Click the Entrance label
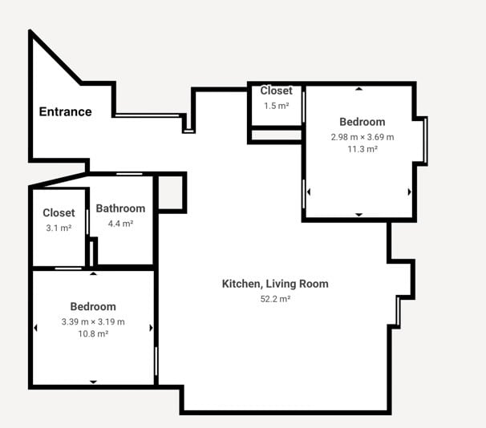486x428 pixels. pyautogui.click(x=66, y=111)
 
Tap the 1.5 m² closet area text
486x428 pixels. pyautogui.click(x=277, y=106)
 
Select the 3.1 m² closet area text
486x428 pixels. pyautogui.click(x=59, y=228)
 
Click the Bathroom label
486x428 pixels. pyautogui.click(x=120, y=208)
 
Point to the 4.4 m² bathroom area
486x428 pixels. pyautogui.click(x=120, y=224)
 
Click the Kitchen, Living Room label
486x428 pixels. pyautogui.click(x=275, y=284)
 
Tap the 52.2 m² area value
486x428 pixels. pyautogui.click(x=275, y=299)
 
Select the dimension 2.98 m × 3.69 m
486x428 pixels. pyautogui.click(x=362, y=137)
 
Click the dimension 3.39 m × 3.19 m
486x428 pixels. pyautogui.click(x=93, y=321)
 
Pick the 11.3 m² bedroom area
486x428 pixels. pyautogui.click(x=362, y=149)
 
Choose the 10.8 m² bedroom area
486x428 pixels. pyautogui.click(x=93, y=334)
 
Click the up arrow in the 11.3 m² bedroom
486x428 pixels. pyautogui.click(x=359, y=89)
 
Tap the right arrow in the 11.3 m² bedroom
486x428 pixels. pyautogui.click(x=410, y=192)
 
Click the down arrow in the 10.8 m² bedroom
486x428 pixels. pyautogui.click(x=93, y=382)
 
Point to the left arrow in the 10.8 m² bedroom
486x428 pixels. pyautogui.click(x=35, y=328)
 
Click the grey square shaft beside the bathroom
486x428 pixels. pyautogui.click(x=170, y=193)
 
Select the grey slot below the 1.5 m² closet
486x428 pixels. pyautogui.click(x=277, y=135)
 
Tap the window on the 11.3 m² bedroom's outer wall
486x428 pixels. pyautogui.click(x=426, y=141)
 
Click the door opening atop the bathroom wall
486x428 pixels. pyautogui.click(x=129, y=174)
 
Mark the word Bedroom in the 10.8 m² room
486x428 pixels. pyautogui.click(x=93, y=307)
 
